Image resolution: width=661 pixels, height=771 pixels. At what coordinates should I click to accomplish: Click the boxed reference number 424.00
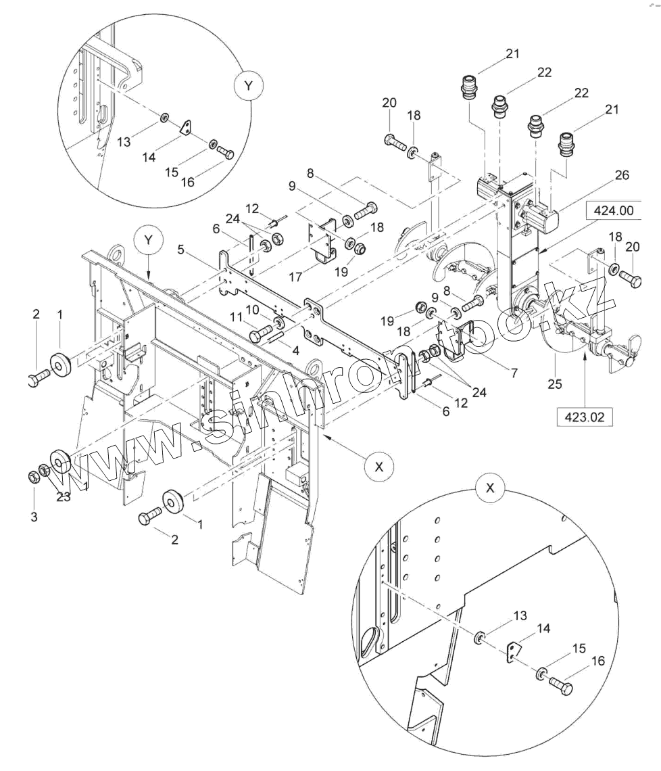613,210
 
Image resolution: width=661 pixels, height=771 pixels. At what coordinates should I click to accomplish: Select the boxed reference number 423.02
585,417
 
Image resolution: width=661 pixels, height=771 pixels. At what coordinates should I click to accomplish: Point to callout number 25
554,383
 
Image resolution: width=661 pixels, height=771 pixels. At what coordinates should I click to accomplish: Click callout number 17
295,277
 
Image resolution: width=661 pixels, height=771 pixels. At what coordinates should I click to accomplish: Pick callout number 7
514,373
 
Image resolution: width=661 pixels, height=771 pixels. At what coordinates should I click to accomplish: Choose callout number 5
181,250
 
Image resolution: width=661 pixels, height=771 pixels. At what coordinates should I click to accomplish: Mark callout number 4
295,351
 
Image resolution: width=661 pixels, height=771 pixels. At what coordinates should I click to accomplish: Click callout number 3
34,516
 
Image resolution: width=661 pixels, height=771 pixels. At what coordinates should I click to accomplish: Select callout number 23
64,496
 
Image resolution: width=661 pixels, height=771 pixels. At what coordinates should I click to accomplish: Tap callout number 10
253,310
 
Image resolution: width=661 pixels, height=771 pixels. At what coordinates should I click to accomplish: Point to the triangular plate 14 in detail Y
188,128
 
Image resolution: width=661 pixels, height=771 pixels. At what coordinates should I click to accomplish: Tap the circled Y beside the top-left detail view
248,86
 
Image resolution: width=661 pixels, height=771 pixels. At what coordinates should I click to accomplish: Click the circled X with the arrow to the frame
379,466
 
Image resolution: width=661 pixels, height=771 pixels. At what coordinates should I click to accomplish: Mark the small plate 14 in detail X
513,651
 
